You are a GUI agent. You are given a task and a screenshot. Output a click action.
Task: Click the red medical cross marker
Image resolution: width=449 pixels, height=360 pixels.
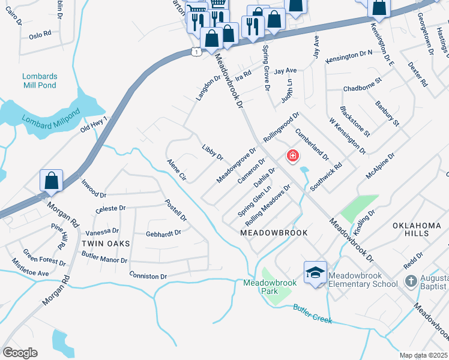click(x=293, y=156)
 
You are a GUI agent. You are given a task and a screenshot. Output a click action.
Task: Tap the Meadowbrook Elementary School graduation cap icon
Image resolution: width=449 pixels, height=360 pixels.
click(x=315, y=273)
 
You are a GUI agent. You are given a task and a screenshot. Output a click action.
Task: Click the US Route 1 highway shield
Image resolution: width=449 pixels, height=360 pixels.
click(x=196, y=52)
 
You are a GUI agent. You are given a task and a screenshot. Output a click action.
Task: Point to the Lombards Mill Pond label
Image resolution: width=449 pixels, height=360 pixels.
click(x=39, y=80)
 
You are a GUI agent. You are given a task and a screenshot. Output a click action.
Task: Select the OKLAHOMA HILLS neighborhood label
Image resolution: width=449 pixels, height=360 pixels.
click(x=417, y=230)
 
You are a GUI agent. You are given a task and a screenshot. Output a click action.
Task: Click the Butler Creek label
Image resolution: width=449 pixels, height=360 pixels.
click(x=312, y=314)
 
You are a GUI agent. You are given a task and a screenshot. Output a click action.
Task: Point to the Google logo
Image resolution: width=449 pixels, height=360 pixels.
click(x=20, y=353)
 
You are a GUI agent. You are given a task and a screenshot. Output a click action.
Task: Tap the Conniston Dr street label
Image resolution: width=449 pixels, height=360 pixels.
click(x=148, y=276)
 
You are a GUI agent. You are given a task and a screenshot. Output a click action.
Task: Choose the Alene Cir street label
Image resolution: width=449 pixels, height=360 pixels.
click(x=177, y=170)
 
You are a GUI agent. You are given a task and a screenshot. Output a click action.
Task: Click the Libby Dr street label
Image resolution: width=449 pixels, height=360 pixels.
click(x=212, y=152)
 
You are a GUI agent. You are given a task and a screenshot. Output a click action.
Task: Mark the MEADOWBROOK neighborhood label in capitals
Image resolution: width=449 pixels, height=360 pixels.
click(x=274, y=232)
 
